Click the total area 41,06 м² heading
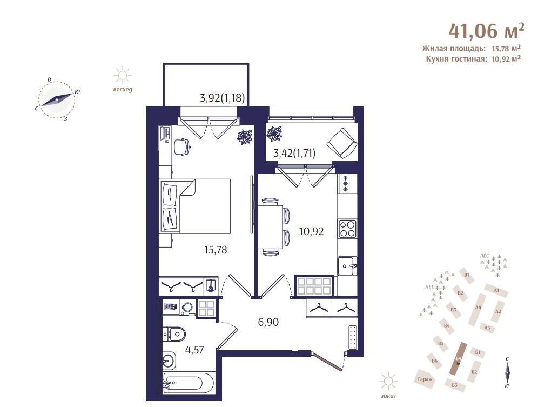[x=486, y=31]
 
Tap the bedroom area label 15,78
[x=216, y=250]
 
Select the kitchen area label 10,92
[x=311, y=231]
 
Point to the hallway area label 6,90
[x=268, y=322]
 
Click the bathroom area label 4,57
[x=194, y=350]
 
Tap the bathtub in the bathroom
[x=188, y=383]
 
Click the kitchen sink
[x=347, y=266]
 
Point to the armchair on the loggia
[x=341, y=143]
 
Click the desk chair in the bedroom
[x=182, y=147]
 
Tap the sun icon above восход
[x=123, y=76]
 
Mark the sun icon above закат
[x=388, y=382]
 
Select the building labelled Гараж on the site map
[x=425, y=379]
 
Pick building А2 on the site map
[x=498, y=311]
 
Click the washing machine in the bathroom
[x=187, y=308]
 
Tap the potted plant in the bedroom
[x=246, y=137]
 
